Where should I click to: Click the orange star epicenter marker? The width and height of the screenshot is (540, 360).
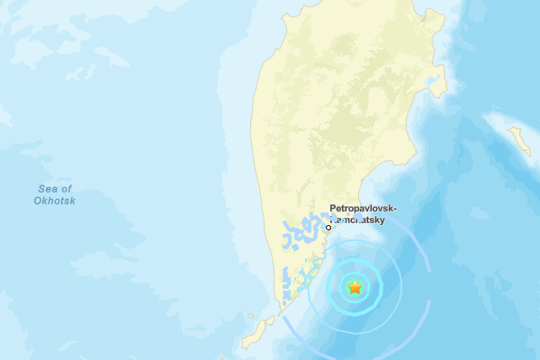pos(355,288)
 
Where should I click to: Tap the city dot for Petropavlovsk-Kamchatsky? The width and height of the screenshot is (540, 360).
pos(328,227)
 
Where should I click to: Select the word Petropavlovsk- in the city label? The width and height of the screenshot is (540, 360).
pos(364,208)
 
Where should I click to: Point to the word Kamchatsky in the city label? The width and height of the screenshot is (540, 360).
pos(362,219)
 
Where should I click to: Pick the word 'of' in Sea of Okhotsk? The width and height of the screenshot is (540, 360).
pos(66,188)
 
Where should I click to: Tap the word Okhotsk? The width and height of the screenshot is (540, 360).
pos(56,200)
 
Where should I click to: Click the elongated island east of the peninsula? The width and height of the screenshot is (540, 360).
pos(519,140)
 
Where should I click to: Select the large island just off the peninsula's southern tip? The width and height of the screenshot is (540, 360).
pos(257,332)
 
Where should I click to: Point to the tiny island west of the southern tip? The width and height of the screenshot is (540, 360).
pos(250,315)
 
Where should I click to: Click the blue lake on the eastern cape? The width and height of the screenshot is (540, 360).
pos(438,87)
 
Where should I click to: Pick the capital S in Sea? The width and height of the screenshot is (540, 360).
pos(41,188)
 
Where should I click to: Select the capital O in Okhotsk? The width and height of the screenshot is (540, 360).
pos(40,200)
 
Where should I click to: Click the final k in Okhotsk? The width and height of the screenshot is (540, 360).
pos(73,200)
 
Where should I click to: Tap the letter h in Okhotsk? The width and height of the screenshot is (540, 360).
pos(51,200)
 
